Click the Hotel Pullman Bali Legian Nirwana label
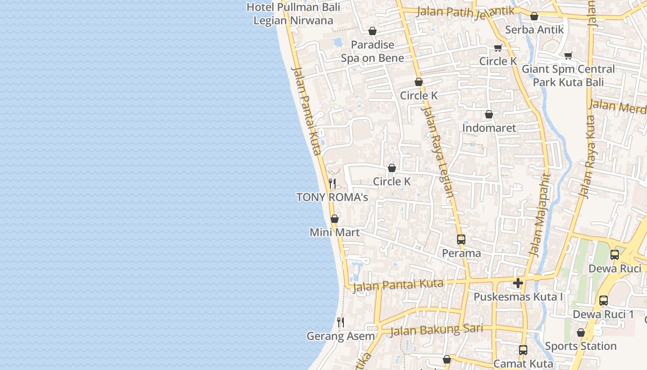[293, 14]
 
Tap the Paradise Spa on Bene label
[372, 51]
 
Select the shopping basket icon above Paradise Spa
[372, 31]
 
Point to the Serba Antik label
[534, 30]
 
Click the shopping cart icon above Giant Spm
[568, 55]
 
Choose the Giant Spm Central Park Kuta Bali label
[568, 76]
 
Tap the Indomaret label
[489, 128]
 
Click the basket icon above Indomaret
[489, 114]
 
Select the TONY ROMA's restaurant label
[332, 197]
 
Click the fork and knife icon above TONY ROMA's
[332, 184]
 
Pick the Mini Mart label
[335, 232]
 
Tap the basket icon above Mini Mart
[335, 219]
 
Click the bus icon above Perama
[461, 240]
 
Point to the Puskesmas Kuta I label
[518, 296]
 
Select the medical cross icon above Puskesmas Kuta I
[518, 283]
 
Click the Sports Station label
[580, 346]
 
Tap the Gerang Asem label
[341, 336]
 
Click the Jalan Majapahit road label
[541, 215]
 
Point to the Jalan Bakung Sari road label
[436, 330]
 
